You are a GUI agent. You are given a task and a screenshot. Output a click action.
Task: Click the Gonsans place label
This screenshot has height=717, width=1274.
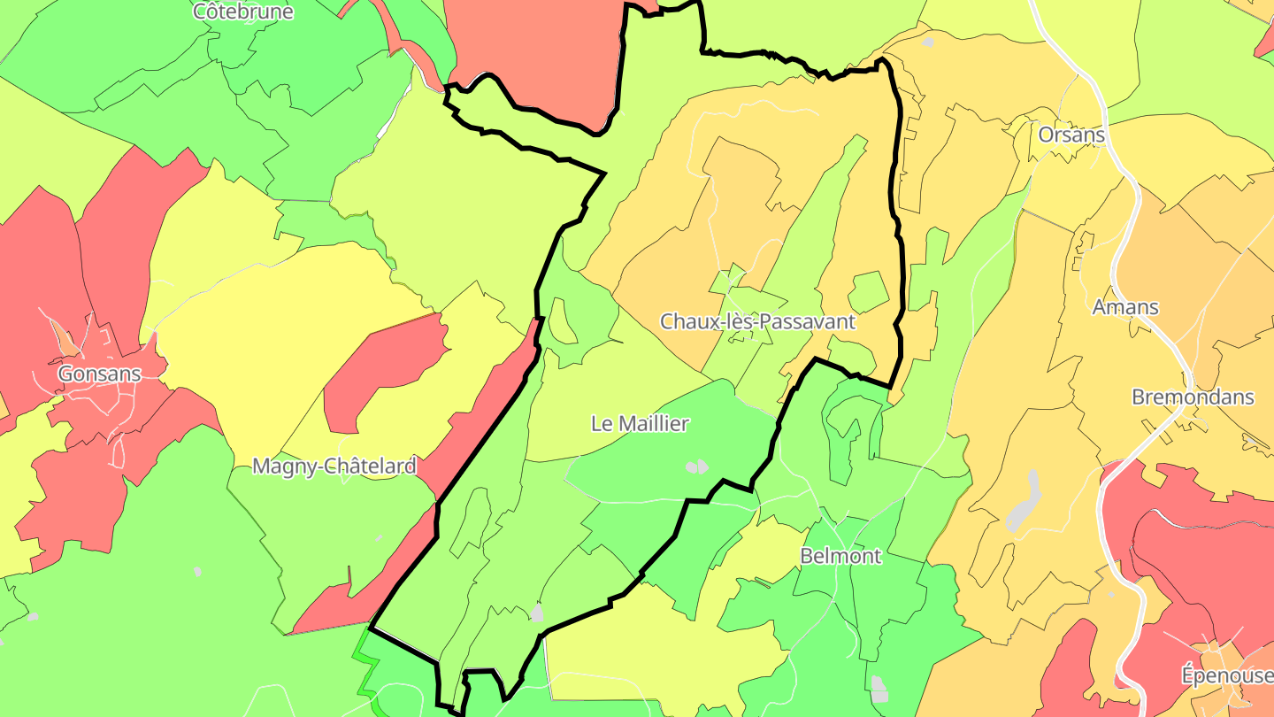pos(99,374)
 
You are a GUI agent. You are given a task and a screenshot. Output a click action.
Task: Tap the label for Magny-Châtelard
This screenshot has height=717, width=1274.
pos(334,466)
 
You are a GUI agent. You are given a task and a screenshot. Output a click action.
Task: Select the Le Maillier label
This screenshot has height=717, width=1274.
pos(640,424)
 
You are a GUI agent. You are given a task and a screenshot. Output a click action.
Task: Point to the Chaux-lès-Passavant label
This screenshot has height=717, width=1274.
pos(758,321)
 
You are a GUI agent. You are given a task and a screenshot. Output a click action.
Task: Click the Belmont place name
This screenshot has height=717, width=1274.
pos(840,556)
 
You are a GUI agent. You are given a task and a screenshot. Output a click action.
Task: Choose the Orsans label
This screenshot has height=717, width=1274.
pos(1071,135)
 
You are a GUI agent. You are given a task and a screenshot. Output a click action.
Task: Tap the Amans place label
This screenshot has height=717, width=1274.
pos(1125,307)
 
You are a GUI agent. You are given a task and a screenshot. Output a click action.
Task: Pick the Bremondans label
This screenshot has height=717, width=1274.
pos(1193,397)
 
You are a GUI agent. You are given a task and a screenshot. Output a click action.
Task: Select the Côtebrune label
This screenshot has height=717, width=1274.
pos(243,12)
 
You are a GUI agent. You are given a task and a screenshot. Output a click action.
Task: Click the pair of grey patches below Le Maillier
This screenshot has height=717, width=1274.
pos(697,466)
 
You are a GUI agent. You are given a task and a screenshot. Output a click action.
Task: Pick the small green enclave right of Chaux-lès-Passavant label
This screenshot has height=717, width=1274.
pos(867,292)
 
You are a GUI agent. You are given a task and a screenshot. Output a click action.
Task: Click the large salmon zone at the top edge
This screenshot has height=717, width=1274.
pos(531,53)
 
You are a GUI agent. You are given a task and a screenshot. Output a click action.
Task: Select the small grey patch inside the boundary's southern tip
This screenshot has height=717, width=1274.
pos(536,613)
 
